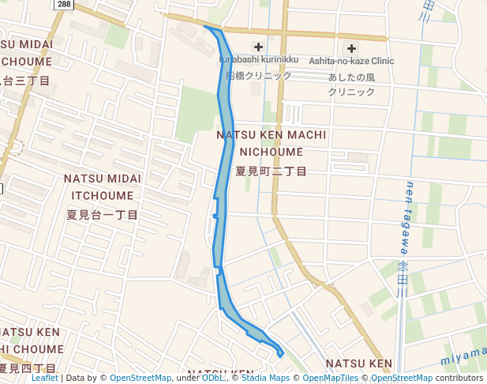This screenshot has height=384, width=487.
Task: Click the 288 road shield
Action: (64, 5)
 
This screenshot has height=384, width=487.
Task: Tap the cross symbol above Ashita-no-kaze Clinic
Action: (352, 47)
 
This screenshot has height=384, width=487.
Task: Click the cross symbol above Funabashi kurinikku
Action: (258, 47)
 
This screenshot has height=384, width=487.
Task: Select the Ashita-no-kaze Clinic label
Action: (351, 61)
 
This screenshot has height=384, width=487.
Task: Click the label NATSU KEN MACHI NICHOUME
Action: (271, 143)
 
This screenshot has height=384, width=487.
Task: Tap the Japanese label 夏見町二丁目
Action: (271, 171)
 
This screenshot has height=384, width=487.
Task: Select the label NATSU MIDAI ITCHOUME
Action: (103, 186)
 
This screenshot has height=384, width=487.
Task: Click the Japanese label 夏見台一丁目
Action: (103, 215)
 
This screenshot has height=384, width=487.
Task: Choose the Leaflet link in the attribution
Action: (45, 378)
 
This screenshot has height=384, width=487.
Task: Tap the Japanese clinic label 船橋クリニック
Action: (258, 76)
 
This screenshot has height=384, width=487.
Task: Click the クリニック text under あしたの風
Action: (352, 92)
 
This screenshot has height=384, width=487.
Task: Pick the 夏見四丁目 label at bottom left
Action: (28, 369)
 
